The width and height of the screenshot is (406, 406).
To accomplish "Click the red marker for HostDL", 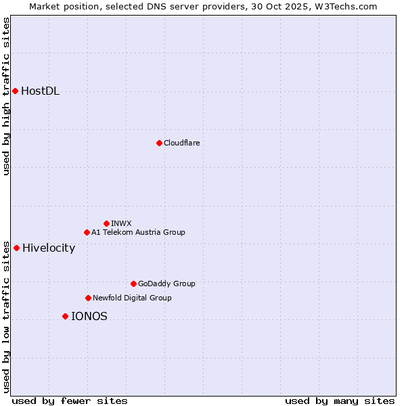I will [x=15, y=91].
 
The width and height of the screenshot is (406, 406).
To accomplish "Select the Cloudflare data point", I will [x=159, y=143].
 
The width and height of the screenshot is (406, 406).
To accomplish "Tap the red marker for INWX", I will [x=106, y=223].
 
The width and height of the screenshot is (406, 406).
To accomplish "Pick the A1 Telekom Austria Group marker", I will [x=87, y=232].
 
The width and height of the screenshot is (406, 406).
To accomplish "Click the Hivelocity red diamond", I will [x=16, y=248].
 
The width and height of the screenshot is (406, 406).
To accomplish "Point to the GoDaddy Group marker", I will [x=133, y=284].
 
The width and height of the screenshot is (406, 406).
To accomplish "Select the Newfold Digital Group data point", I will [x=88, y=298].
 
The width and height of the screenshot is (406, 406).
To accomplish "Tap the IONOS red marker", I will [x=65, y=316].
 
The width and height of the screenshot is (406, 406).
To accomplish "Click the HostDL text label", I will [x=41, y=91].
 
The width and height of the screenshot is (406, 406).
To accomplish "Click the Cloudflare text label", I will [x=182, y=143].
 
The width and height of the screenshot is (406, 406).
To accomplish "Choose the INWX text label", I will [x=122, y=223].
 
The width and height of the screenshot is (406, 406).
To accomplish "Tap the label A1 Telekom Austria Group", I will [x=138, y=232].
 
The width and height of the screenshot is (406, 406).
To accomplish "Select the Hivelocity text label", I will [x=49, y=248].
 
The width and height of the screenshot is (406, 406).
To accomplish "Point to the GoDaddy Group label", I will [x=166, y=284].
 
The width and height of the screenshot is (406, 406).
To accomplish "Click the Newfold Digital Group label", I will [x=132, y=298].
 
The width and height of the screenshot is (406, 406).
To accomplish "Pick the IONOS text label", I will [x=89, y=316].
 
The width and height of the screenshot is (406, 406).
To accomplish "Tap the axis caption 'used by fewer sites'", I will [x=70, y=401].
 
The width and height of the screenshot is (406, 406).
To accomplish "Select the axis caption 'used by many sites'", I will [x=340, y=401].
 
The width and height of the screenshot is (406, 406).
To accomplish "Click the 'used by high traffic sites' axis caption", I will [x=6, y=96].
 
